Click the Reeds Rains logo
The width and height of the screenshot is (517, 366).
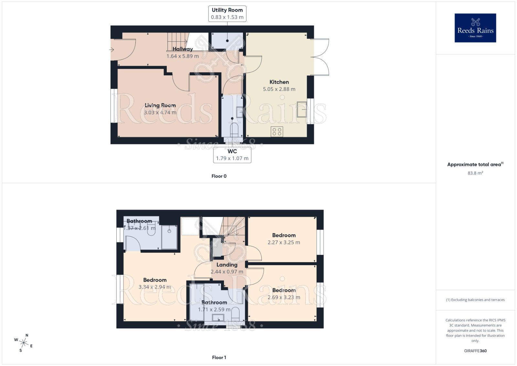[x=475, y=28]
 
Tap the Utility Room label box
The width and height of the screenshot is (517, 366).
[x=227, y=14]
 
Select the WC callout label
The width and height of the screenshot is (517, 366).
[x=232, y=155]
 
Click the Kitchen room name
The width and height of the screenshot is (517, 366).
[x=279, y=82]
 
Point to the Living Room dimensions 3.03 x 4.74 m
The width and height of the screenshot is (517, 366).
[x=160, y=113]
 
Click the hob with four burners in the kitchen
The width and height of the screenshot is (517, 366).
[x=277, y=132]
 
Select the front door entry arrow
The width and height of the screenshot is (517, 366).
[x=112, y=50]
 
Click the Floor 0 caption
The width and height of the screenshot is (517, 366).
[x=219, y=176]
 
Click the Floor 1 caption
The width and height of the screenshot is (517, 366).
[x=219, y=357]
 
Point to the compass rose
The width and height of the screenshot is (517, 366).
[x=24, y=342]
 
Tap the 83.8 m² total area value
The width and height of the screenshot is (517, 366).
[x=475, y=173]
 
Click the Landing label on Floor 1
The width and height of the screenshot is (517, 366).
[x=227, y=265]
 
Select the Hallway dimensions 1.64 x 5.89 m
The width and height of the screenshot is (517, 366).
[x=183, y=56]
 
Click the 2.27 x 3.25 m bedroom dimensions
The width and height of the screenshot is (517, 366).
[x=284, y=242]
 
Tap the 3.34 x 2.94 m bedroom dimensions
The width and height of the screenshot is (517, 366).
[x=155, y=287]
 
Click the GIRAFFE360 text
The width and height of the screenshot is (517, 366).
[x=475, y=351]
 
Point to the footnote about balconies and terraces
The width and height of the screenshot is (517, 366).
[x=475, y=300]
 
